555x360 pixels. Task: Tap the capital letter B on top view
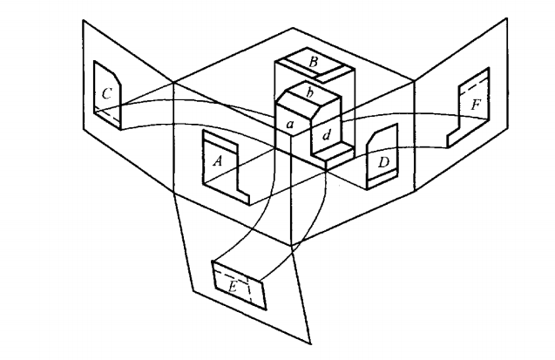309,62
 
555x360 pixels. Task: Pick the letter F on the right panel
474,105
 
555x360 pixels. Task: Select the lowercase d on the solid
326,136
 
